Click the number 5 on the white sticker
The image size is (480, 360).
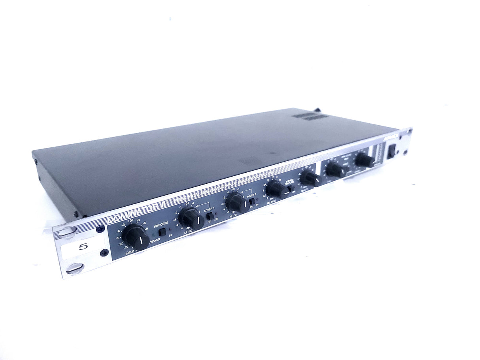click(83, 247)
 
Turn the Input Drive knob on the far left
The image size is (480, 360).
click(136, 237)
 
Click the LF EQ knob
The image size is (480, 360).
click(191, 218)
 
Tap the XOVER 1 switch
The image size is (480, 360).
click(209, 216)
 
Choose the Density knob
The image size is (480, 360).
click(310, 179)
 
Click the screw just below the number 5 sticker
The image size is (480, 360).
click(104, 253)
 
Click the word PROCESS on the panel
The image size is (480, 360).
click(161, 223)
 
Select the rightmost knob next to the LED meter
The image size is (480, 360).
click(364, 160)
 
